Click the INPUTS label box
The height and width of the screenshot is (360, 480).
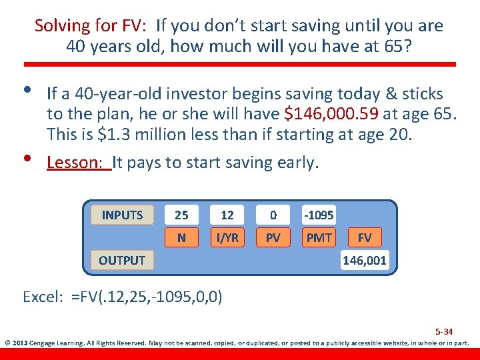[x=122, y=215]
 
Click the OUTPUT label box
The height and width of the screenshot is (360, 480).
[x=122, y=260]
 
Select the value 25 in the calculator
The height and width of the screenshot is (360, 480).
[x=181, y=215]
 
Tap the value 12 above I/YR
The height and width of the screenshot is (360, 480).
[x=227, y=215]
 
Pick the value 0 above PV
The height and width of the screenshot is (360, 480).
[x=273, y=215]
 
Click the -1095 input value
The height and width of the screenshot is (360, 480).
[x=319, y=215]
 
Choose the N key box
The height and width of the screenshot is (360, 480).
[x=181, y=237]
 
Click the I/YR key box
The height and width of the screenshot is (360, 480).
[x=227, y=237]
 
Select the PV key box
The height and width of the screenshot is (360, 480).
[x=273, y=237]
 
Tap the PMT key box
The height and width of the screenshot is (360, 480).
[x=319, y=237]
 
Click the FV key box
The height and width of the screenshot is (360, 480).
[x=365, y=237]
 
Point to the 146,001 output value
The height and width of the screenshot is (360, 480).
[x=365, y=260]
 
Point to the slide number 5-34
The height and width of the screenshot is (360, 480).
[x=444, y=331]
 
